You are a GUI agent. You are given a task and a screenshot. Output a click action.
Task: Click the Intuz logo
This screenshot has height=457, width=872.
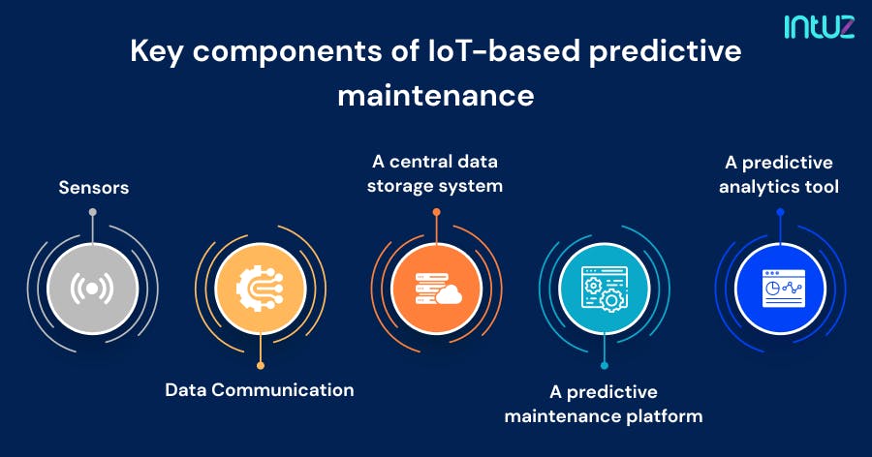click(x=819, y=26)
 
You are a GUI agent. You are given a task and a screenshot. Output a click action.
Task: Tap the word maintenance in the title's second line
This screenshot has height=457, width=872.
click(x=436, y=96)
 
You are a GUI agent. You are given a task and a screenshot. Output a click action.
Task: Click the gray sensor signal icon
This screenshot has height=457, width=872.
click(x=92, y=289)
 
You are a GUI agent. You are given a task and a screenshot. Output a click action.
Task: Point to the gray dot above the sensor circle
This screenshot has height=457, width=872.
click(x=92, y=212)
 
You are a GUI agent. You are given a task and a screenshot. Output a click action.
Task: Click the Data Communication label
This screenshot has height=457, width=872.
click(x=259, y=390)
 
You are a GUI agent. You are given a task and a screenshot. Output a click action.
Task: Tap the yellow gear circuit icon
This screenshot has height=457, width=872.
click(x=261, y=289)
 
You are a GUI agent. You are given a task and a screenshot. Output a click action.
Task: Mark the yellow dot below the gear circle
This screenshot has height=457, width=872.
click(x=261, y=365)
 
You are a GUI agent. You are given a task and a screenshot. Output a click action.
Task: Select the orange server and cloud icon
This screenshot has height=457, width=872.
click(x=436, y=289)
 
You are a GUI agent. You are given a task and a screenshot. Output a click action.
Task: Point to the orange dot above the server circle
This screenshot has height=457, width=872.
click(x=436, y=211)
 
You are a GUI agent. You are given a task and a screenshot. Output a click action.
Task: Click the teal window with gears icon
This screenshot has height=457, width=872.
click(x=604, y=289)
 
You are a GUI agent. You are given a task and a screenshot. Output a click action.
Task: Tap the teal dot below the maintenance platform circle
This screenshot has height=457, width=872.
click(x=604, y=365)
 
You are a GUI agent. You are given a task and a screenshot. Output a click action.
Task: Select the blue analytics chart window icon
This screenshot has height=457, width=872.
click(x=780, y=289)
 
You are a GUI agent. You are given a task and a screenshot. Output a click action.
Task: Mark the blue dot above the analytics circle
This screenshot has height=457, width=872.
click(x=780, y=211)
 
